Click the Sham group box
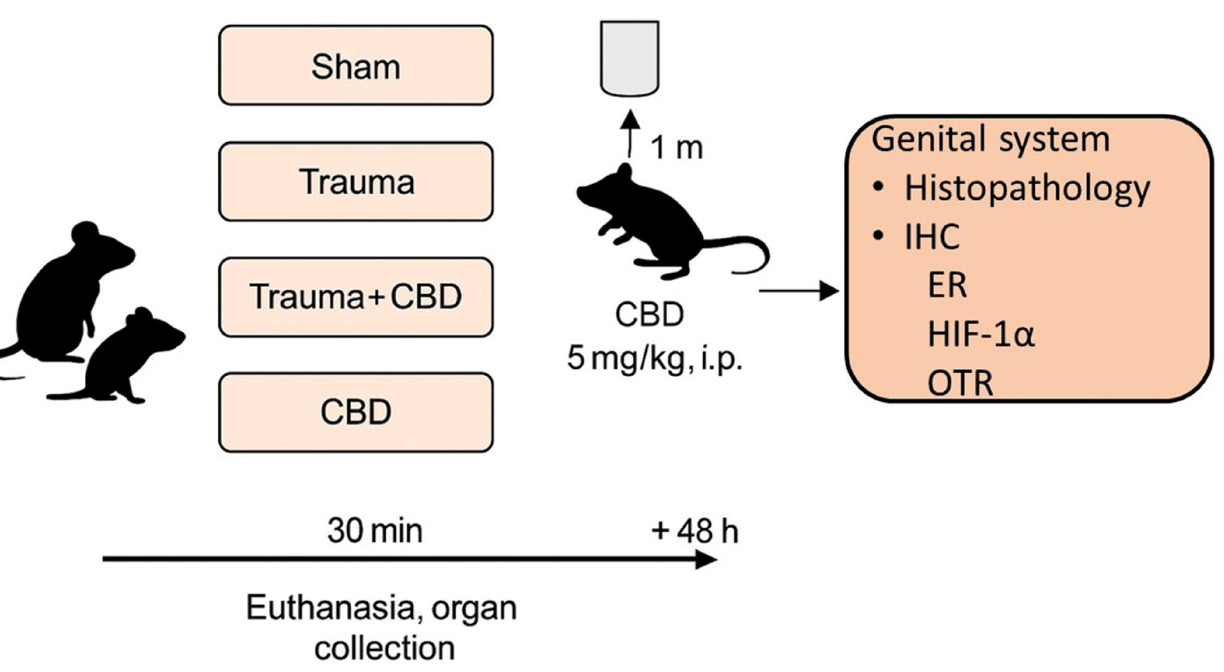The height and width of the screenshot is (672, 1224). (x=356, y=66)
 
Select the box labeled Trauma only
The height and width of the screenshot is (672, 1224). (x=356, y=182)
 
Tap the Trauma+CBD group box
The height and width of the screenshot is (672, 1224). (x=356, y=297)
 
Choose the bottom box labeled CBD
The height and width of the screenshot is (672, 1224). (x=356, y=412)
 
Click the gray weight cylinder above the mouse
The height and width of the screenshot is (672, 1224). (x=629, y=58)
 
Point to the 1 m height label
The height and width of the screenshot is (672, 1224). (x=676, y=147)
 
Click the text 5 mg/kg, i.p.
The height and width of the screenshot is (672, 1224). (x=654, y=359)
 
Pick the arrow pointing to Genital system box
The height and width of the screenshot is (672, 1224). (x=799, y=291)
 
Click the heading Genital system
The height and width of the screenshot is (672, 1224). (x=991, y=139)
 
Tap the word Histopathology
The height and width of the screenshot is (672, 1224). (x=1027, y=188)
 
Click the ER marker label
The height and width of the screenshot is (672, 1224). (x=947, y=285)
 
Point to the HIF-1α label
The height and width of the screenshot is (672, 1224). (x=980, y=335)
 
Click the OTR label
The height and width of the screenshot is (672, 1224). (x=960, y=383)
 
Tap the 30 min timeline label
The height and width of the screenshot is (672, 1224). (x=374, y=532)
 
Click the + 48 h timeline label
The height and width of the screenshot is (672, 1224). (x=695, y=532)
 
